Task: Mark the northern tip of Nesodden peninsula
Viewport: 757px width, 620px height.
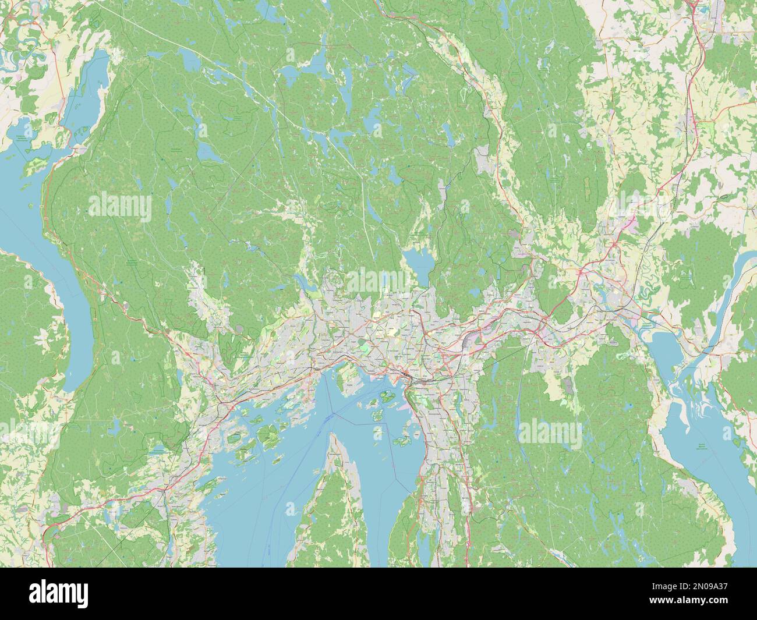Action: pyautogui.click(x=334, y=442)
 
